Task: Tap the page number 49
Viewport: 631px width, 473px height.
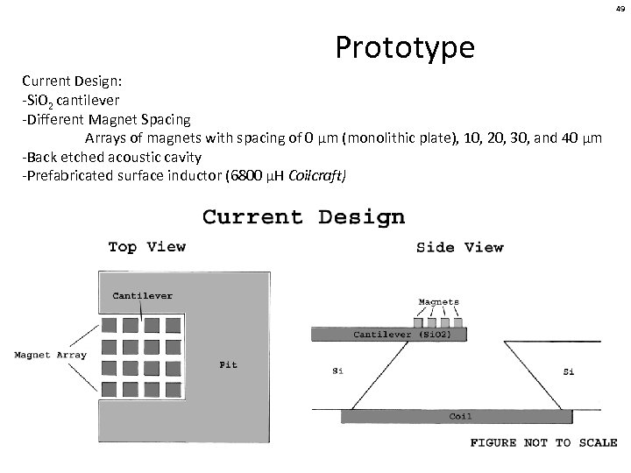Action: (x=618, y=8)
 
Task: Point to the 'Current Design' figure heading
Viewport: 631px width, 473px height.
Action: (x=303, y=216)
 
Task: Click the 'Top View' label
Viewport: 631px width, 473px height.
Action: (x=146, y=247)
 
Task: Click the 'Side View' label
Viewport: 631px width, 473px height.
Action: (x=459, y=248)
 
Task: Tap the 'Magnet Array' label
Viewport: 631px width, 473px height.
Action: (x=49, y=355)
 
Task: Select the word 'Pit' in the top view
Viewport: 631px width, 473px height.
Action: (x=228, y=364)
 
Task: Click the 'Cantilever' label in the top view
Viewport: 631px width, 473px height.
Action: (x=143, y=296)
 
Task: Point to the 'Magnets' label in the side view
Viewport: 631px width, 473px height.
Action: (x=438, y=302)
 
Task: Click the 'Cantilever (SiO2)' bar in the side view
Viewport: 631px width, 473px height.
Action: (x=389, y=334)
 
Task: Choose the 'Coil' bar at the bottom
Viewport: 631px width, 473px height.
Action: (x=460, y=416)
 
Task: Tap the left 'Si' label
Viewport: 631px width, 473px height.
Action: (x=337, y=371)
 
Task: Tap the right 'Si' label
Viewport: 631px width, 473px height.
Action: (x=567, y=371)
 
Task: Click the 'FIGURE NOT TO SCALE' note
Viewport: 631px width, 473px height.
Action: (x=543, y=443)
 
